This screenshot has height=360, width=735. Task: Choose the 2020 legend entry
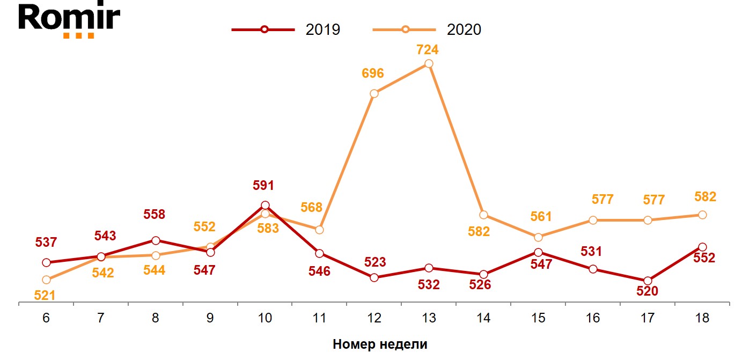tap(428, 30)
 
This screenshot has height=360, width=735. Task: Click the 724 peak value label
tap(428, 50)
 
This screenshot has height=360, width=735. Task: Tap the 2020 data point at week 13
tap(429, 64)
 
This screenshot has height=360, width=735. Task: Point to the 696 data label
tap(372, 74)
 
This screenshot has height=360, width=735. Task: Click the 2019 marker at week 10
tap(265, 205)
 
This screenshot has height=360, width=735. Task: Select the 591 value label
tap(263, 186)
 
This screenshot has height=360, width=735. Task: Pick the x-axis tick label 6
tap(46, 318)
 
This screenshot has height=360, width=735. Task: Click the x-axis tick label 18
tap(702, 318)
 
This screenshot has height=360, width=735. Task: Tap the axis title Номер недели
tap(380, 344)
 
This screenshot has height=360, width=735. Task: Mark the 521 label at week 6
tap(46, 295)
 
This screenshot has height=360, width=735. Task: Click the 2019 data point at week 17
tap(648, 281)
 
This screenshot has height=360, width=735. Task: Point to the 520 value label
tap(647, 291)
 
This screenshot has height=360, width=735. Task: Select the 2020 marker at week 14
tap(483, 215)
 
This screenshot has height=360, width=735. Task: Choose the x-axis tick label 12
tap(374, 318)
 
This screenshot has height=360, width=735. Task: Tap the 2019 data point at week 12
tap(374, 277)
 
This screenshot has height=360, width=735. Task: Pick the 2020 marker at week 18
tap(702, 215)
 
